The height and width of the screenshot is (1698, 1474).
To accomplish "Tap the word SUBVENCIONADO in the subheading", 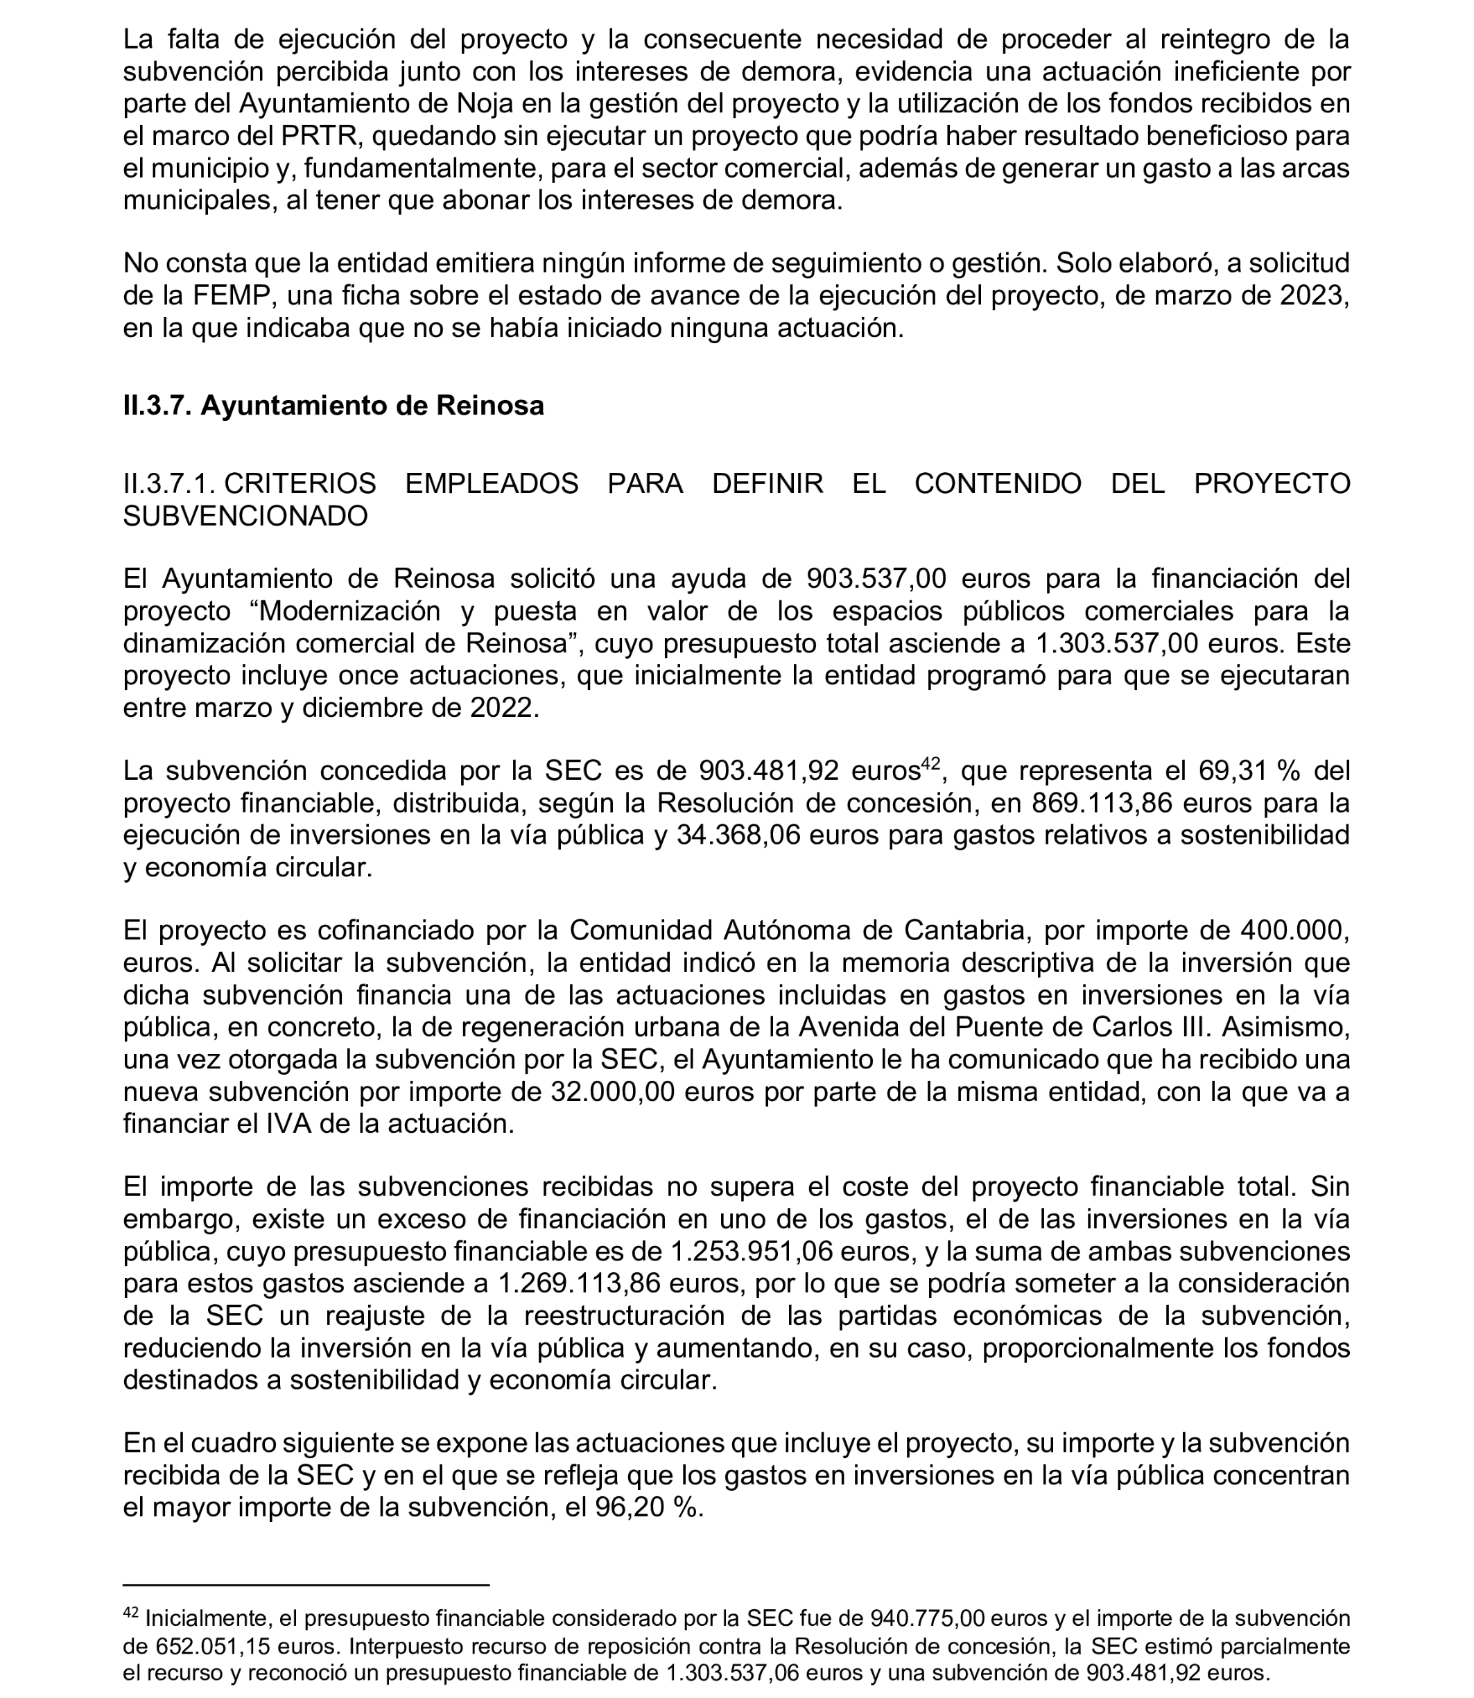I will (245, 516).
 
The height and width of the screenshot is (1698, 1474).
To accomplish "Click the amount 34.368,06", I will (738, 835).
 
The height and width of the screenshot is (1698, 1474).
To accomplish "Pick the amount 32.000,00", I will (612, 1092).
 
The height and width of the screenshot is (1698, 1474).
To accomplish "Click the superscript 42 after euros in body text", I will (930, 763).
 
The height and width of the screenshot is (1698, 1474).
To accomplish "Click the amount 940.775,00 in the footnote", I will (927, 1618).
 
